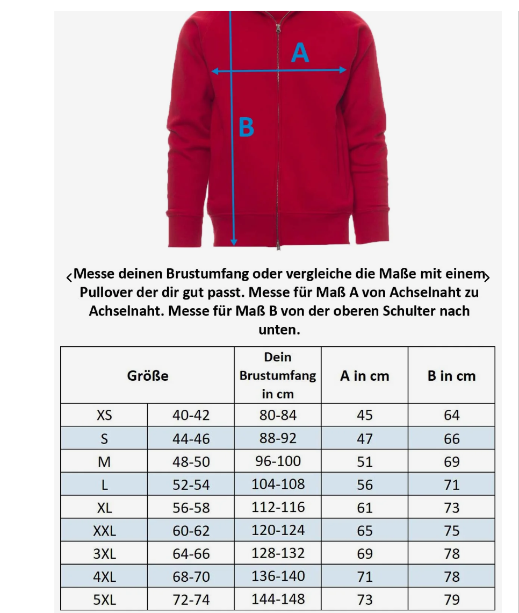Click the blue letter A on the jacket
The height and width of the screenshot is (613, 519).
[300, 53]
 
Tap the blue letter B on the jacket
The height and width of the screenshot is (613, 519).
[246, 128]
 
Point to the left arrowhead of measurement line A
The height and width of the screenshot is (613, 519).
[214, 71]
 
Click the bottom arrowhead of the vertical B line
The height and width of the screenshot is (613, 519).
[234, 242]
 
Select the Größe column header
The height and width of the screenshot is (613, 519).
[148, 375]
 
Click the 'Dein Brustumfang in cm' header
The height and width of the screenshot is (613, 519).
[278, 375]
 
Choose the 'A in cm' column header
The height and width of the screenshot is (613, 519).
[364, 376]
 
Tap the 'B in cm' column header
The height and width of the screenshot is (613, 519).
[451, 376]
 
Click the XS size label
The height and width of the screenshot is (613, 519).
[104, 415]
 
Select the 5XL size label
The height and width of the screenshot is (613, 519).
[104, 600]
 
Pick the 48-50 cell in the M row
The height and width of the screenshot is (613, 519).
[191, 461]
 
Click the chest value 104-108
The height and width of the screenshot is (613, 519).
[278, 484]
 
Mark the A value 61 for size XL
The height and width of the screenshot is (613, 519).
[365, 508]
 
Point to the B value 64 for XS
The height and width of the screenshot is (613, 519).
[452, 415]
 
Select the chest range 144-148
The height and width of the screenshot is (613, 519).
[278, 599]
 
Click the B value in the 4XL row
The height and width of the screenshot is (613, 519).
[452, 576]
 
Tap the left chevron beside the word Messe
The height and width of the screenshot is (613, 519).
[69, 277]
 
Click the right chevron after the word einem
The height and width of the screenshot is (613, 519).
[487, 277]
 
